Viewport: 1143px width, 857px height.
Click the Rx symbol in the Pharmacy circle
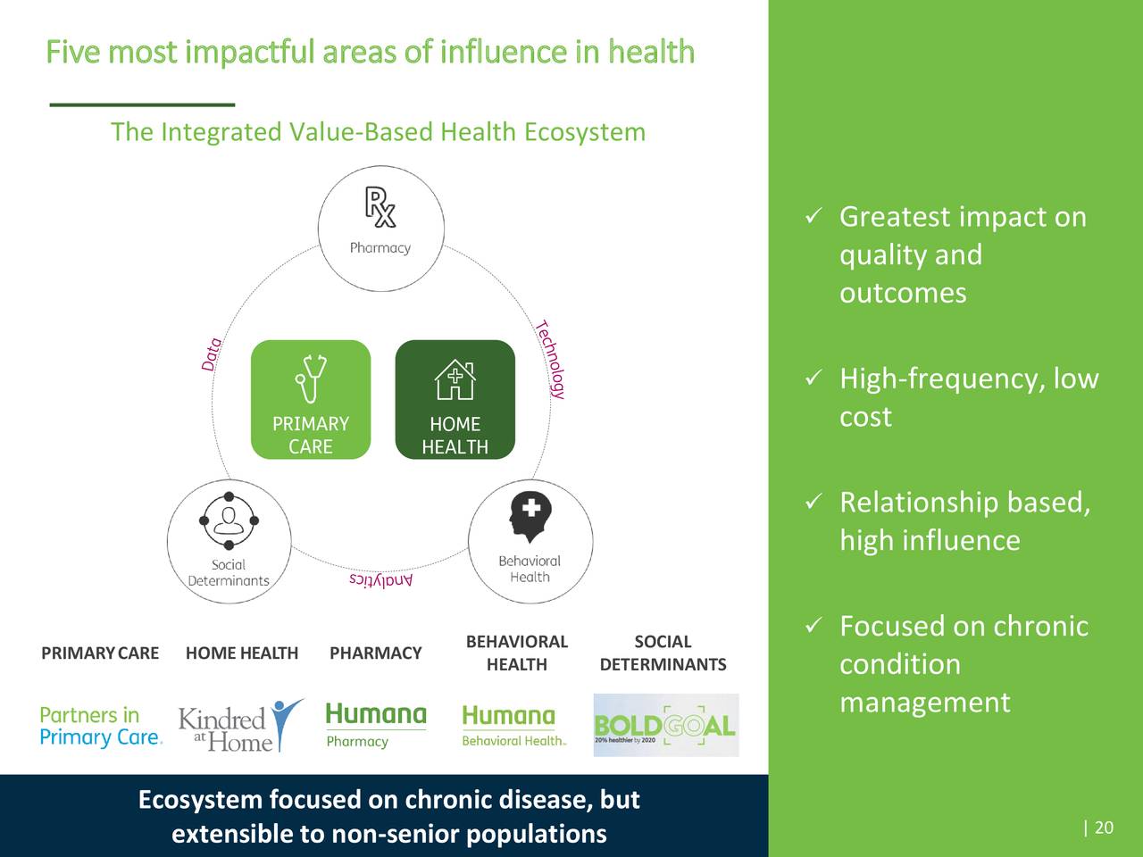380,207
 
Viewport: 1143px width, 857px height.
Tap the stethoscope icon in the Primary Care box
311,379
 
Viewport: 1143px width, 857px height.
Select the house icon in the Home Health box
455,380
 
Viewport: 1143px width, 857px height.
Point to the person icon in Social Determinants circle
229,520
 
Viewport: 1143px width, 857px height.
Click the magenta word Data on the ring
212,354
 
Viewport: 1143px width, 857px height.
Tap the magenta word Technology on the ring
551,359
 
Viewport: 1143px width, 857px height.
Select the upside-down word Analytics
381,580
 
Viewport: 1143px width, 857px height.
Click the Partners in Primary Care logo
101,726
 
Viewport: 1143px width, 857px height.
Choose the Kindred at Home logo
239,726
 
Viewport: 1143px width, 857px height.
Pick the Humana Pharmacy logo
375,725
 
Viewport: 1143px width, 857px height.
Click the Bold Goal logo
665,725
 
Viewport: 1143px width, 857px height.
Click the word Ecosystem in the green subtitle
584,132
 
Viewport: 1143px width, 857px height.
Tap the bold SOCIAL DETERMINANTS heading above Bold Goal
663,653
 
